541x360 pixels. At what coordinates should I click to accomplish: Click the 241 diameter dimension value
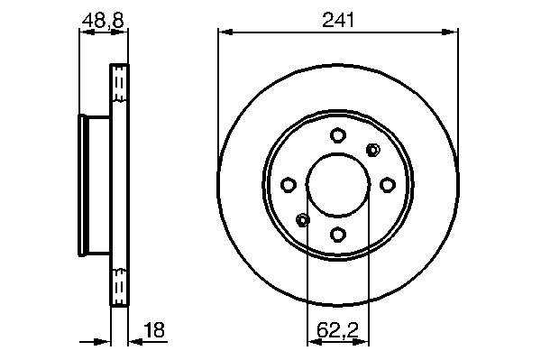pyautogui.click(x=338, y=20)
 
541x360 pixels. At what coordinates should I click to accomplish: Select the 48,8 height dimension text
pyautogui.click(x=103, y=20)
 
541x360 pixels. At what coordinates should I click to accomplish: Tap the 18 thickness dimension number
pyautogui.click(x=154, y=330)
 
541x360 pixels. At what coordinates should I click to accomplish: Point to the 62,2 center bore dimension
pyautogui.click(x=338, y=330)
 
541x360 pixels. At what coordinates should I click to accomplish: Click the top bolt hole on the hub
pyautogui.click(x=338, y=134)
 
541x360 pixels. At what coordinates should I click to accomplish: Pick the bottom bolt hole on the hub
pyautogui.click(x=338, y=235)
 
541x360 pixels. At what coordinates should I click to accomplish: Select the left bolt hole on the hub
pyautogui.click(x=289, y=185)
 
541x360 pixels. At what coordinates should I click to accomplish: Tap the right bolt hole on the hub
pyautogui.click(x=388, y=185)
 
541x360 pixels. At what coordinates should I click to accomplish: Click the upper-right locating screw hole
pyautogui.click(x=373, y=150)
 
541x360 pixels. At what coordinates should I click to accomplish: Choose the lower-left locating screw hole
pyautogui.click(x=303, y=220)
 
